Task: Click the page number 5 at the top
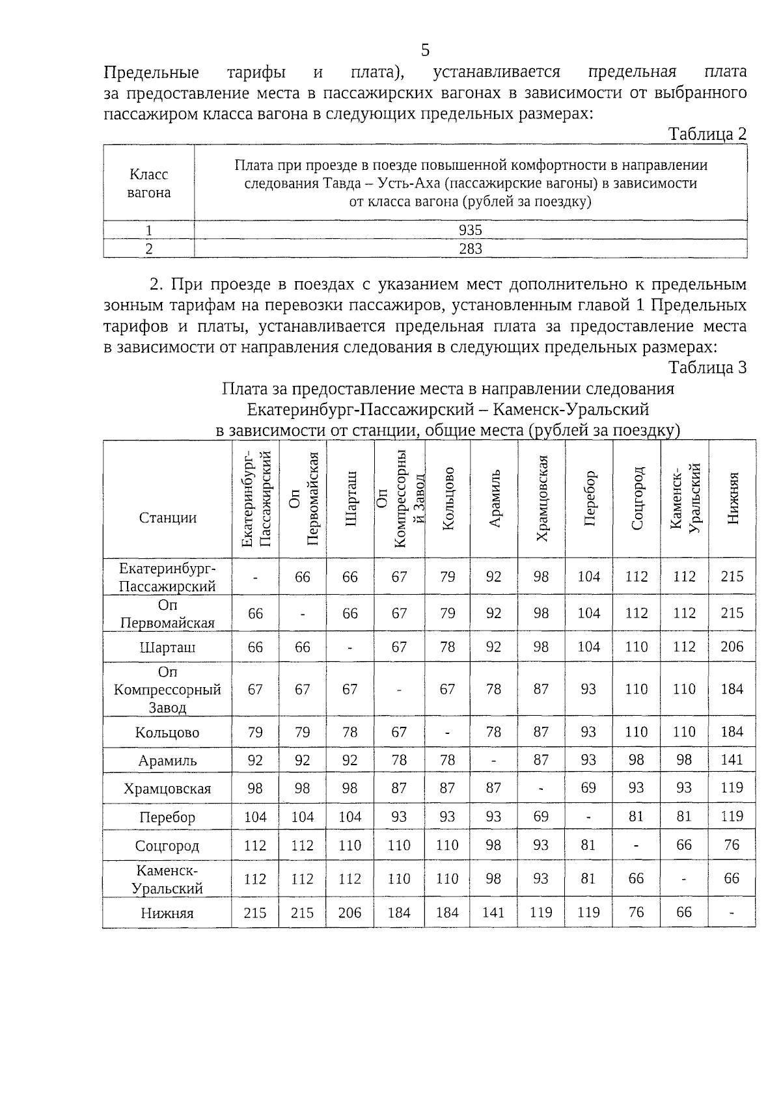point(425,50)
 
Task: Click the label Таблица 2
point(707,134)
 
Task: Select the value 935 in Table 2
point(470,230)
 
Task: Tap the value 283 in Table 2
point(470,249)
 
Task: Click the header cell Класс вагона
point(148,183)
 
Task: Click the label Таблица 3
point(707,368)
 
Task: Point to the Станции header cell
point(167,518)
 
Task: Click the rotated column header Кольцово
point(448,498)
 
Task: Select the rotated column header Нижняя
point(733,498)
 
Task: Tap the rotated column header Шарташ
point(351,498)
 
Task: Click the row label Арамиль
point(167,761)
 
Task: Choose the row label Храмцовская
point(167,789)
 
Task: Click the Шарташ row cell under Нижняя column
point(732,647)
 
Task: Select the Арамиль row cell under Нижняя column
point(732,760)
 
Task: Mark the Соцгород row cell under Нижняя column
point(732,845)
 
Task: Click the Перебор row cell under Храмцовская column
point(541,817)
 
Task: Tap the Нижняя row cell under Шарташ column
point(350,913)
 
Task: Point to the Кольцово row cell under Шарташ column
point(350,732)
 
